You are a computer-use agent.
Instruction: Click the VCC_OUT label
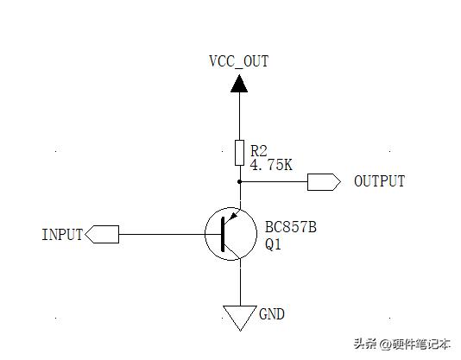[239, 62]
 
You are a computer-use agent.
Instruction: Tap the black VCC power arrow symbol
[239, 84]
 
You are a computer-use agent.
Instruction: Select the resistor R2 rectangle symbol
[239, 153]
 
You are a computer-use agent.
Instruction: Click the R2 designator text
[259, 150]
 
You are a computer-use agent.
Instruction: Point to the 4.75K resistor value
[271, 164]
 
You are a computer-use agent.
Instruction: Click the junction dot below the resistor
[239, 182]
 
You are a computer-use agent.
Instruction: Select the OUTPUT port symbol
[324, 182]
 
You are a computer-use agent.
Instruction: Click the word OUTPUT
[380, 181]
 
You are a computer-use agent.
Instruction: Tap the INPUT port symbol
[102, 235]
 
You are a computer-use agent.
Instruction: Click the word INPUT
[62, 235]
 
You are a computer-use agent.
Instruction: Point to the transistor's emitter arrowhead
[233, 216]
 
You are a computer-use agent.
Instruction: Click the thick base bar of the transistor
[223, 235]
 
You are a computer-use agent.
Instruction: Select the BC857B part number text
[291, 227]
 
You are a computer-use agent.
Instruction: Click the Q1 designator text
[273, 244]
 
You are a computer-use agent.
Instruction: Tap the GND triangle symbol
[240, 318]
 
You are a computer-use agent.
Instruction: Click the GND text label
[272, 314]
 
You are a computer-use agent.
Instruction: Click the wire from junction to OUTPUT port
[274, 182]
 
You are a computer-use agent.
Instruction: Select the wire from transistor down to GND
[241, 282]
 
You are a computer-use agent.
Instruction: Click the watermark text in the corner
[402, 344]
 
